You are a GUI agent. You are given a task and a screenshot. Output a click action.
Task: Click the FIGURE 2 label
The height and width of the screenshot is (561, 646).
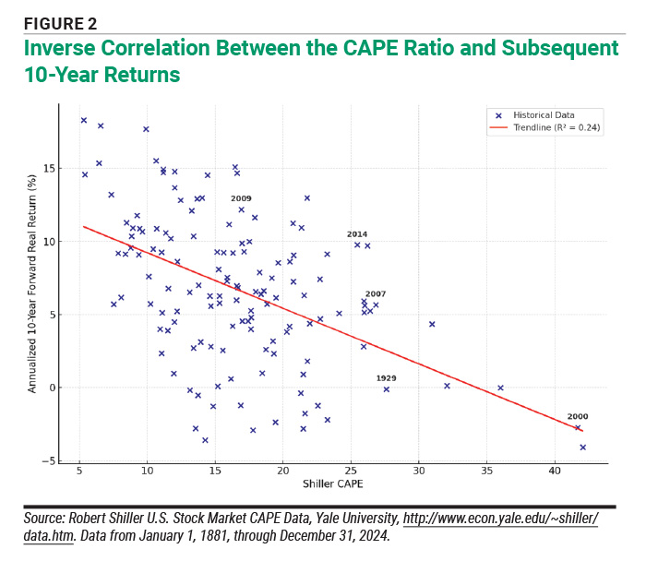click(x=60, y=23)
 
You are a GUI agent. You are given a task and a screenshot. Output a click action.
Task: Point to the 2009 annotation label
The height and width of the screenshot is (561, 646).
click(x=241, y=198)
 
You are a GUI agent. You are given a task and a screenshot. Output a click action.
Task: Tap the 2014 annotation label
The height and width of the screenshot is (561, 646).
click(x=357, y=234)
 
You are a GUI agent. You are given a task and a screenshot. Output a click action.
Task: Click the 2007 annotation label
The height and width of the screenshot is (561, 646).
click(x=376, y=293)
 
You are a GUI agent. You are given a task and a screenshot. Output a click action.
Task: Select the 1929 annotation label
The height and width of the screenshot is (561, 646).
click(x=386, y=378)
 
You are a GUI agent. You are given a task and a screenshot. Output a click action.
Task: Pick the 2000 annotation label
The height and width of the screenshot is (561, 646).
click(x=578, y=416)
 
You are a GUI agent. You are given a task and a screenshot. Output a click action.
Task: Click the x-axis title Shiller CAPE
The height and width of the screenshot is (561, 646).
click(x=329, y=484)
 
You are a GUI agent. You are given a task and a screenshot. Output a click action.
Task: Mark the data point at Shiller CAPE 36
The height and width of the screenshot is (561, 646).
click(x=500, y=388)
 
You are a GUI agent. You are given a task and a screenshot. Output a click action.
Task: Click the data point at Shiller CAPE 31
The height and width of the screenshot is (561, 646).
click(x=432, y=324)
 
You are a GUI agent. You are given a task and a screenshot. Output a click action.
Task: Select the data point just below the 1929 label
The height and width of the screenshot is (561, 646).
click(x=387, y=389)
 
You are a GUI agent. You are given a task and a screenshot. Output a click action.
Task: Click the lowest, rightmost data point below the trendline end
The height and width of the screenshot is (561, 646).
click(x=582, y=447)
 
